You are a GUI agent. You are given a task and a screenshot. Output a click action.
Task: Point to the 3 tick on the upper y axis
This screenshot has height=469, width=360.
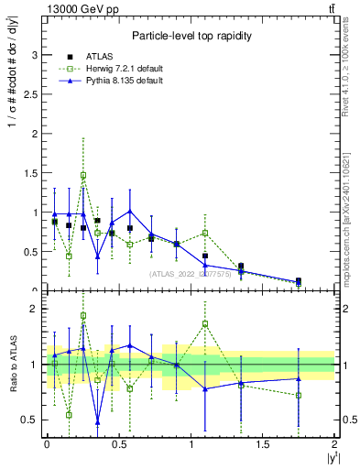coord(34,55)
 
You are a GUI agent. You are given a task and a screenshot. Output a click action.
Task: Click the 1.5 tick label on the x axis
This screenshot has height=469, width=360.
coord(263,444)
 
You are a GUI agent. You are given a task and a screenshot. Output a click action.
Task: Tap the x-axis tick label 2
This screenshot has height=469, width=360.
coord(335,444)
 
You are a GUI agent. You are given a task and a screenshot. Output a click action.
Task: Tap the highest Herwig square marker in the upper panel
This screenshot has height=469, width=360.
coord(83,175)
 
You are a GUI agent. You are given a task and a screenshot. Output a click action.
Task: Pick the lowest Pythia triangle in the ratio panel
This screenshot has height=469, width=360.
coord(97,422)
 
